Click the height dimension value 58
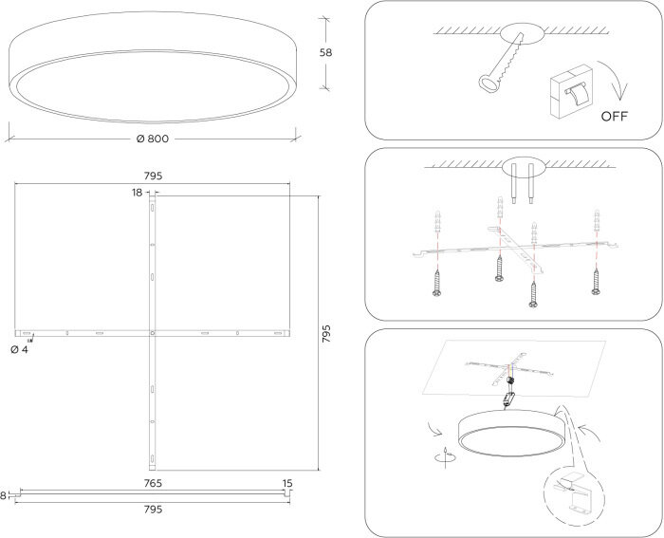(x=326, y=54)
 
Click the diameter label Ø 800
(x=153, y=139)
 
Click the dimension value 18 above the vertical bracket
(x=138, y=193)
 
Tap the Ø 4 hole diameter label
(x=19, y=350)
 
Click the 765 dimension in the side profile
(x=153, y=484)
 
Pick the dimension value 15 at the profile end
(x=286, y=484)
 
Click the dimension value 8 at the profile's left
(x=4, y=494)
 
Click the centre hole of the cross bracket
(x=153, y=333)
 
